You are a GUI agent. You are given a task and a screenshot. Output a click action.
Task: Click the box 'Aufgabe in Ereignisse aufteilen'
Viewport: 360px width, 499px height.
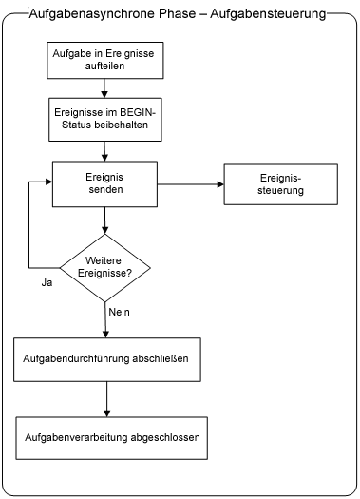coord(104,62)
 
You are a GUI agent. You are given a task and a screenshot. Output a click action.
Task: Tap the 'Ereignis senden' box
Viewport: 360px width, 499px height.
coord(104,182)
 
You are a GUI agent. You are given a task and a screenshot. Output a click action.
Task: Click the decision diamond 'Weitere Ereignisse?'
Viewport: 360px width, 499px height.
coord(104,267)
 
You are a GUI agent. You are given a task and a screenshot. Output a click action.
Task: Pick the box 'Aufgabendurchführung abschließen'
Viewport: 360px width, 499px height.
coord(106,359)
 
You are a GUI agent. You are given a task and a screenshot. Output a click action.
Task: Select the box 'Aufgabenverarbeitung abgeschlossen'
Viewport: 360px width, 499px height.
coord(106,441)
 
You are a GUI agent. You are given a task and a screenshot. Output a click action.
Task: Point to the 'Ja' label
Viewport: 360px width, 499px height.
coord(47,282)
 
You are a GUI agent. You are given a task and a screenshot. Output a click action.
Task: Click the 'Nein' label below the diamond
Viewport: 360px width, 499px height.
coord(120,312)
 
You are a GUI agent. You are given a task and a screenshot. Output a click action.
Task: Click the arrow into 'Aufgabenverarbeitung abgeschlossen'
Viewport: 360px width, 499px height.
coord(104,400)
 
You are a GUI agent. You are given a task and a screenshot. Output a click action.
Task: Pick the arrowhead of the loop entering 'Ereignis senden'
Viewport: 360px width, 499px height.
coord(47,182)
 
